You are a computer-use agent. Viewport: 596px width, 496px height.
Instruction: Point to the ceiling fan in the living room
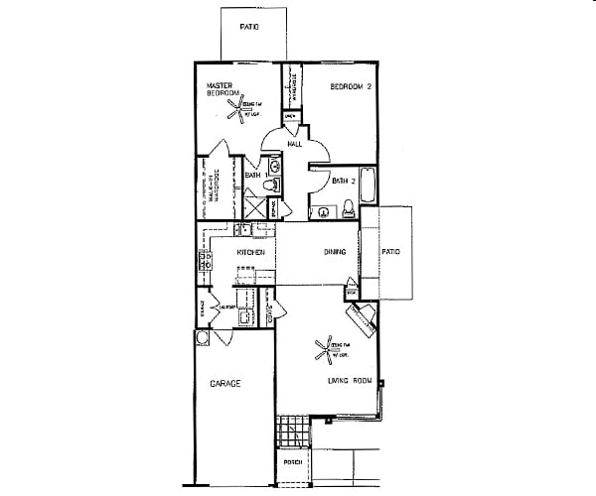point(325,348)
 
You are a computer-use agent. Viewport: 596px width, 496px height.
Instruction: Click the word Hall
point(295,145)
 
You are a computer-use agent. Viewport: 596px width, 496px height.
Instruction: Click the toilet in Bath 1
point(276,185)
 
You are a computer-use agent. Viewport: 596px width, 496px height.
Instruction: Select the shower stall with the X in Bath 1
point(254,208)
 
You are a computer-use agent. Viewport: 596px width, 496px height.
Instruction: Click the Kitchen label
point(249,253)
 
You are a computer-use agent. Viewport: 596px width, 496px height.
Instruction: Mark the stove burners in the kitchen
point(207,262)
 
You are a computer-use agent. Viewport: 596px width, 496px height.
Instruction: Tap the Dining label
point(334,252)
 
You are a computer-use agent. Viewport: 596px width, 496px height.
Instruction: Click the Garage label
point(225,383)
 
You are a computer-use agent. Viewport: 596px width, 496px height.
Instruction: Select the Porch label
point(292,462)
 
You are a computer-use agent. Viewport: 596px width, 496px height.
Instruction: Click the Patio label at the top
point(248,27)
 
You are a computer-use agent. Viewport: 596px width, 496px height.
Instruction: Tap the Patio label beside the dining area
point(390,252)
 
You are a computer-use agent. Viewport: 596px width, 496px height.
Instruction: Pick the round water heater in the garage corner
point(204,337)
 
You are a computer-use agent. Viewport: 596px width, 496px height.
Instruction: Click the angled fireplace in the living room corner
point(359,318)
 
